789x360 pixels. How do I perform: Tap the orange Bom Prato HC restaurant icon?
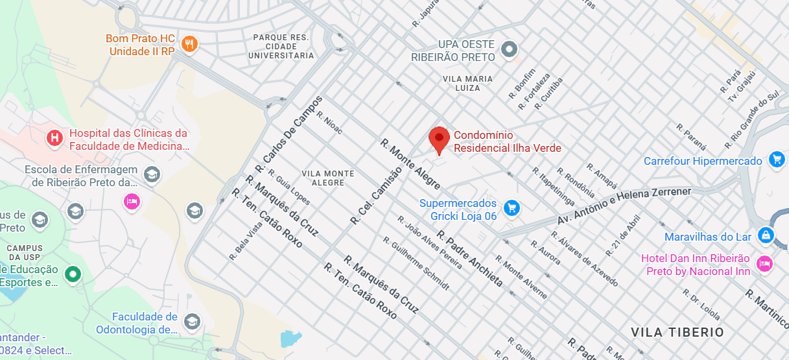[189, 44]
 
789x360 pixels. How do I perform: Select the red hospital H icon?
[54, 138]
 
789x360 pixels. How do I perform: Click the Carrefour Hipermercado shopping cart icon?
[776, 159]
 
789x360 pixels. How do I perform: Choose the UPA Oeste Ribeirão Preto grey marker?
[510, 49]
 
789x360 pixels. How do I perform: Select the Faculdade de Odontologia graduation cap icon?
[192, 321]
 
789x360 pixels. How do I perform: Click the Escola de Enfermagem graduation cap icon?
[152, 174]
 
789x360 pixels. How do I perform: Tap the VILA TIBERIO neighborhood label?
[677, 332]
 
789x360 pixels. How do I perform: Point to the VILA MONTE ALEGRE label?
[328, 178]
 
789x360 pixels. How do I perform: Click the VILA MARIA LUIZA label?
[467, 83]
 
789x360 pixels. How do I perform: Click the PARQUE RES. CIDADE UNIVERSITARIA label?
[281, 47]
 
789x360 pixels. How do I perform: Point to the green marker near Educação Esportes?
[74, 274]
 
